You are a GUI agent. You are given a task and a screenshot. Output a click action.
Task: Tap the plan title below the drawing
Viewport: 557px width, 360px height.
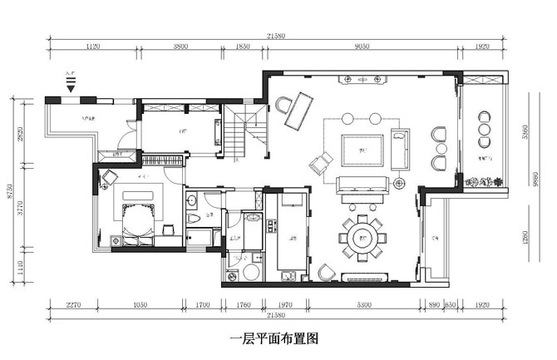point(274,339)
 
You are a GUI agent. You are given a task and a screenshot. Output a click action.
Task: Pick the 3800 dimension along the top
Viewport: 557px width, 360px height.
point(180,47)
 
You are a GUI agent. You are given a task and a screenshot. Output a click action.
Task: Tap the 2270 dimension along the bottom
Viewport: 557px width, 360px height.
point(74,305)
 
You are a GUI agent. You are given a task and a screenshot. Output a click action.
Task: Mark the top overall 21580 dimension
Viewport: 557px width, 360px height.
point(276,36)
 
